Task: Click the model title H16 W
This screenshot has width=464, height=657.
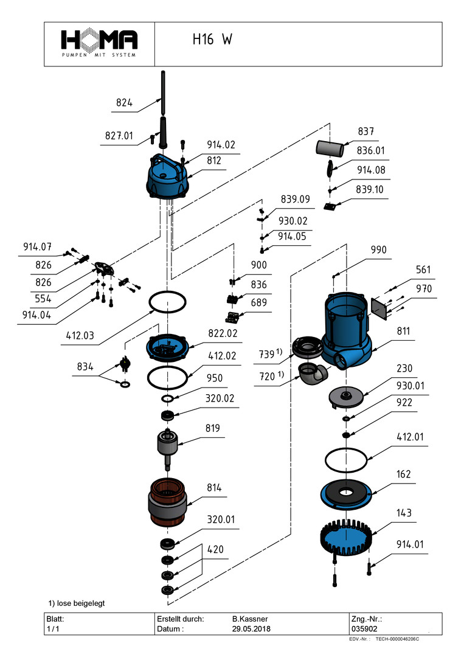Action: point(212,40)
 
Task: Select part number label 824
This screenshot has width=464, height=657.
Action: point(124,103)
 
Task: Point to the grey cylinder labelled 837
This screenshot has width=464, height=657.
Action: point(330,148)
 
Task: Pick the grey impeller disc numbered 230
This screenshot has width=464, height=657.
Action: point(346,397)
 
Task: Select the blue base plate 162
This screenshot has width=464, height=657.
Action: point(345,492)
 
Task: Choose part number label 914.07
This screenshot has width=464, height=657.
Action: point(37,247)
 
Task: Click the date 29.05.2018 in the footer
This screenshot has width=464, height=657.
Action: point(251,629)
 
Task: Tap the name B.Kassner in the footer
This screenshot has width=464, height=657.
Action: point(249,619)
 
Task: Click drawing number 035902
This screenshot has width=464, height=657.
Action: point(365,629)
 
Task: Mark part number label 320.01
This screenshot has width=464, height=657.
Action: point(221,520)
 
